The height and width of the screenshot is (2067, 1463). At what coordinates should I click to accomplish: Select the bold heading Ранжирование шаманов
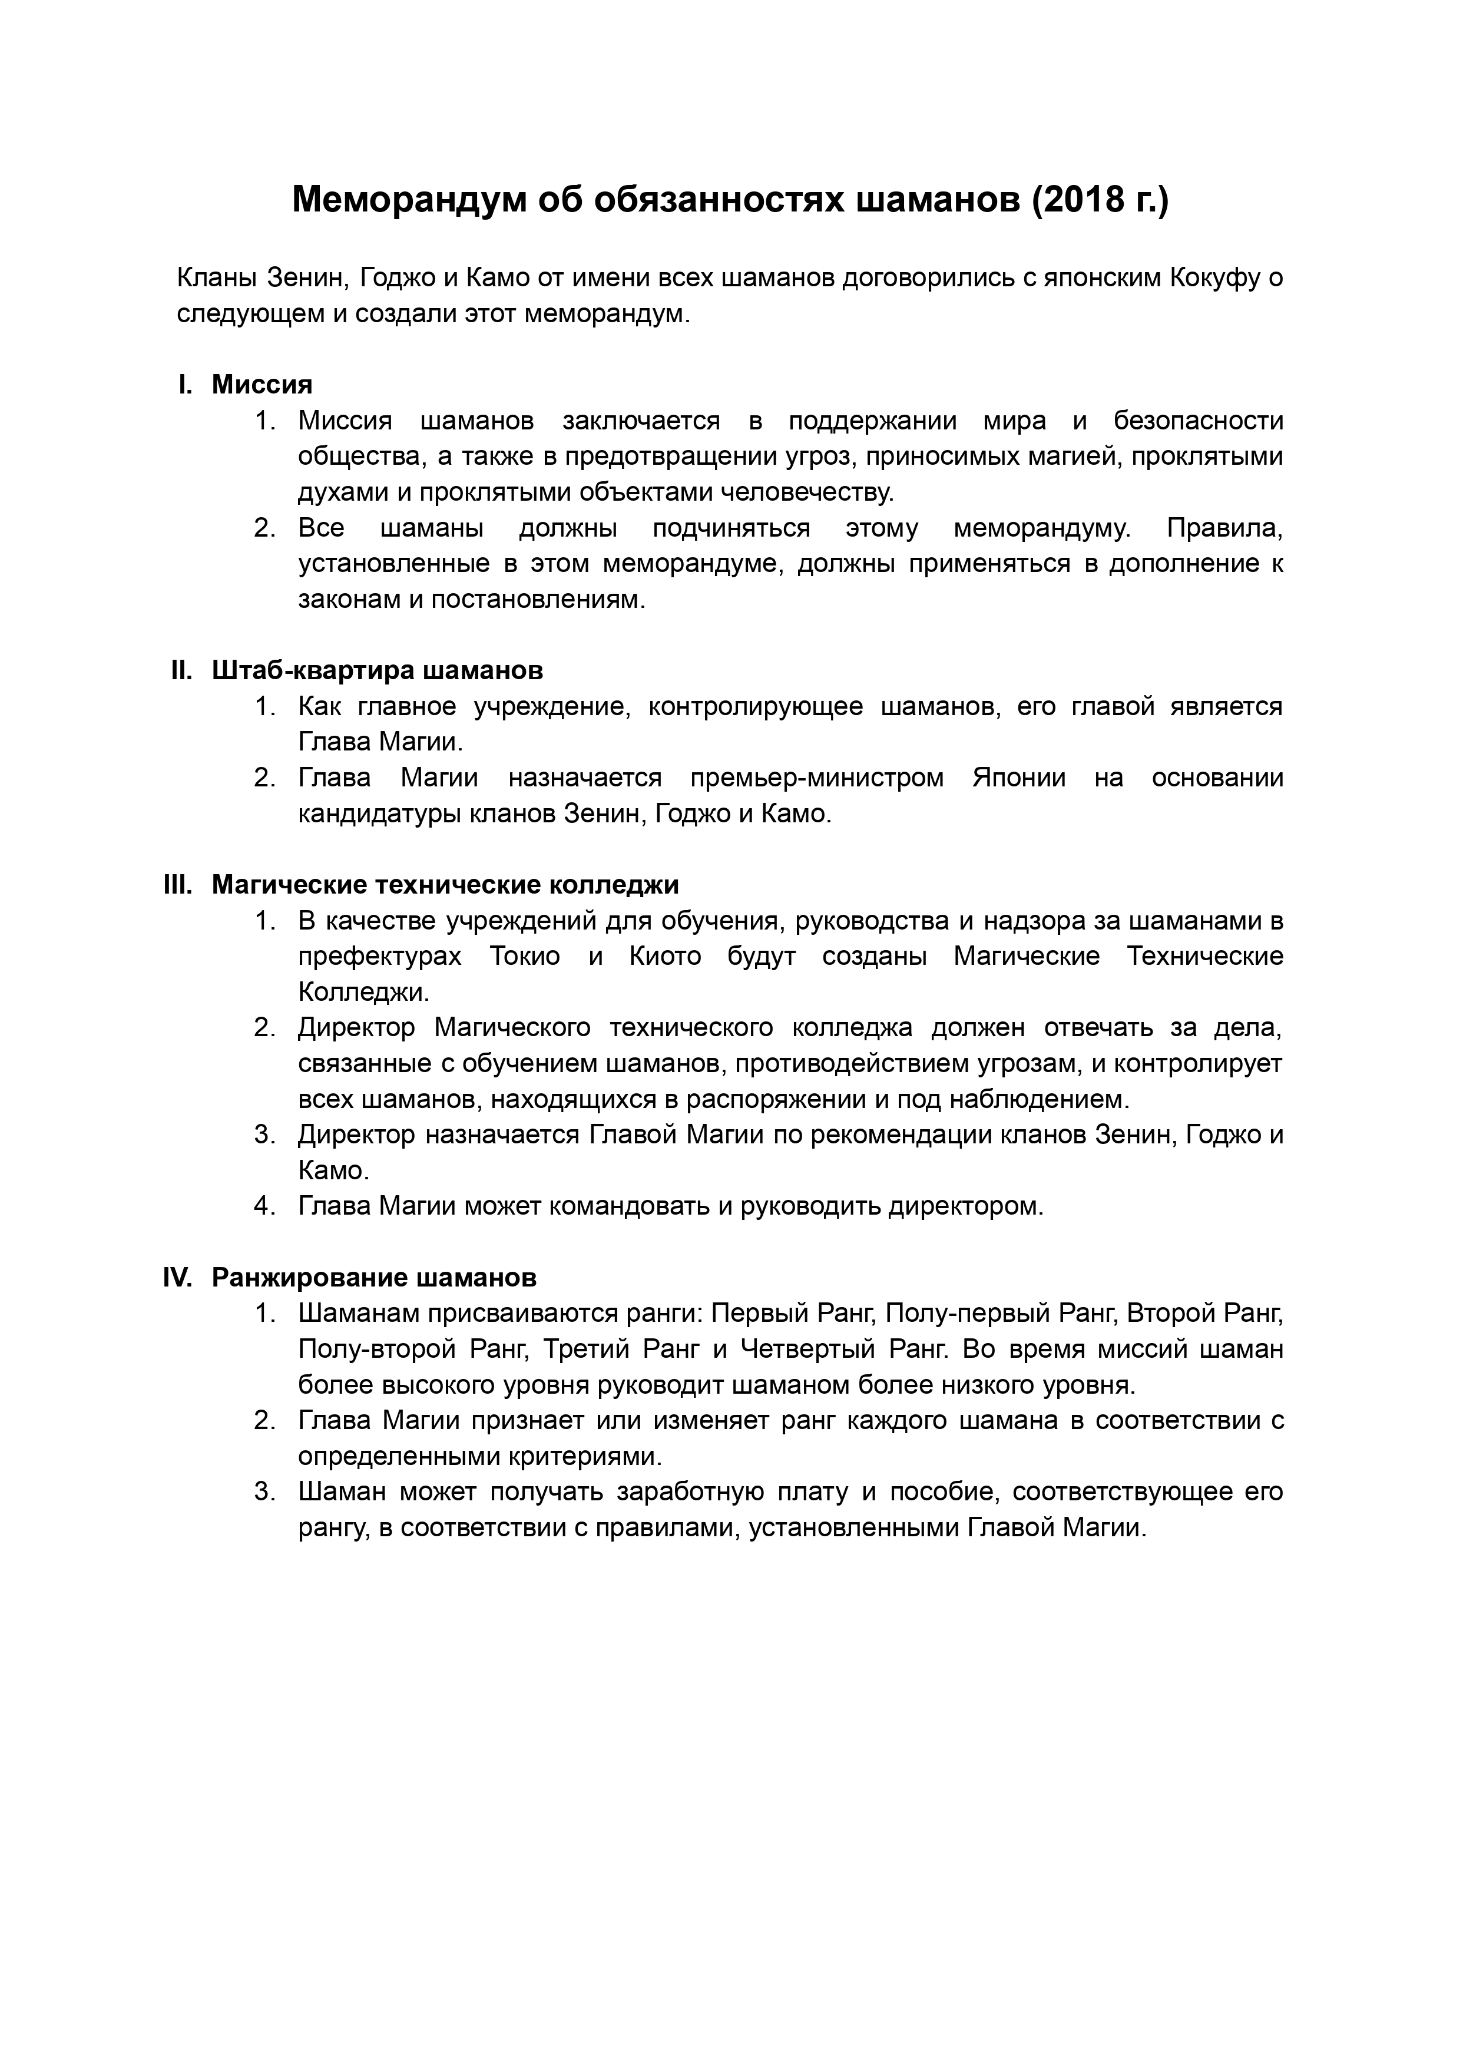[374, 1278]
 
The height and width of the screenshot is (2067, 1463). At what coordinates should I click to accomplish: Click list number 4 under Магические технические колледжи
[264, 1206]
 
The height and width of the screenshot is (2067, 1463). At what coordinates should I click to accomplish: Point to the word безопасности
[1198, 421]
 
